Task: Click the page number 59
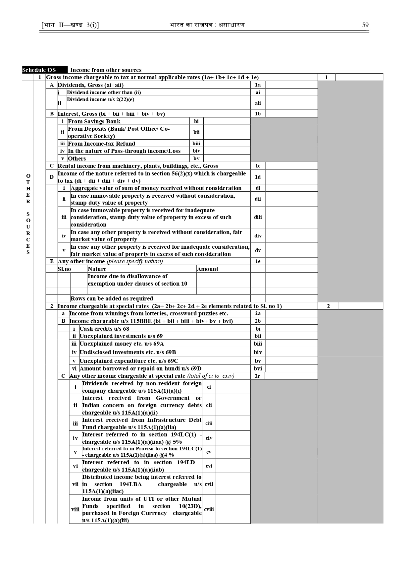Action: point(365,25)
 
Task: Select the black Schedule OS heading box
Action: point(45,70)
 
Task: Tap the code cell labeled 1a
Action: point(258,85)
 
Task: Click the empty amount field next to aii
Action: point(291,103)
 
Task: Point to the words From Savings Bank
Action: point(94,121)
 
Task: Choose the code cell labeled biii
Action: point(196,143)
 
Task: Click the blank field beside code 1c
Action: point(291,166)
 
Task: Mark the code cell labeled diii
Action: point(258,217)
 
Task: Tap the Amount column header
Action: point(208,269)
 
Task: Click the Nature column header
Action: point(97,269)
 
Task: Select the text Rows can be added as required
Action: point(112,298)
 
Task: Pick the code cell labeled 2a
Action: point(258,313)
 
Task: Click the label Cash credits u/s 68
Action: point(104,329)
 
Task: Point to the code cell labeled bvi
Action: point(258,368)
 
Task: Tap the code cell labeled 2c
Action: point(257,376)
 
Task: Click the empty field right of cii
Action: point(233,405)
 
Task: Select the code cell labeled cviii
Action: point(209,509)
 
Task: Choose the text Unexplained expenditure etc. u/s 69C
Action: point(129,361)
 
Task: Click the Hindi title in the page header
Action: point(207,25)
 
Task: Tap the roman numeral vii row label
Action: point(76,484)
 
